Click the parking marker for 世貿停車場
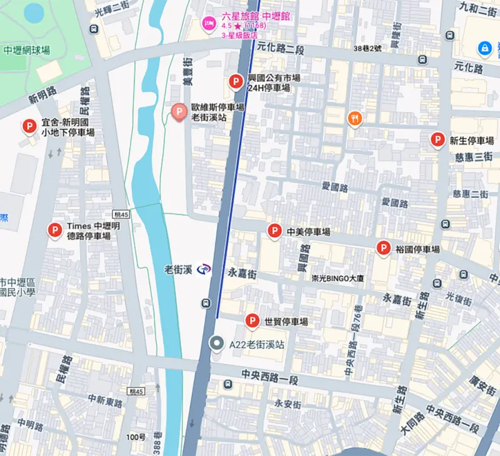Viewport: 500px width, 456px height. click(252, 321)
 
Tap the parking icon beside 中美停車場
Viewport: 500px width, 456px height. click(274, 231)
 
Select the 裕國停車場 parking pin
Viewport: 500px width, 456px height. click(383, 248)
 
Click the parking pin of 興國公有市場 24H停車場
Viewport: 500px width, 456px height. click(236, 81)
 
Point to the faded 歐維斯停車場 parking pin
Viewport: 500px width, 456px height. click(179, 112)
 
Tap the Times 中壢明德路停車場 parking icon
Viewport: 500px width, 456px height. click(54, 230)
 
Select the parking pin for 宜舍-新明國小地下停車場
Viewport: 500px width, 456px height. click(29, 127)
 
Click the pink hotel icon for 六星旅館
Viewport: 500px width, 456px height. click(209, 23)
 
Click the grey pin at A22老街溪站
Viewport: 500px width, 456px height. click(216, 343)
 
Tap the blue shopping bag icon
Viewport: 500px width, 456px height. click(484, 48)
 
